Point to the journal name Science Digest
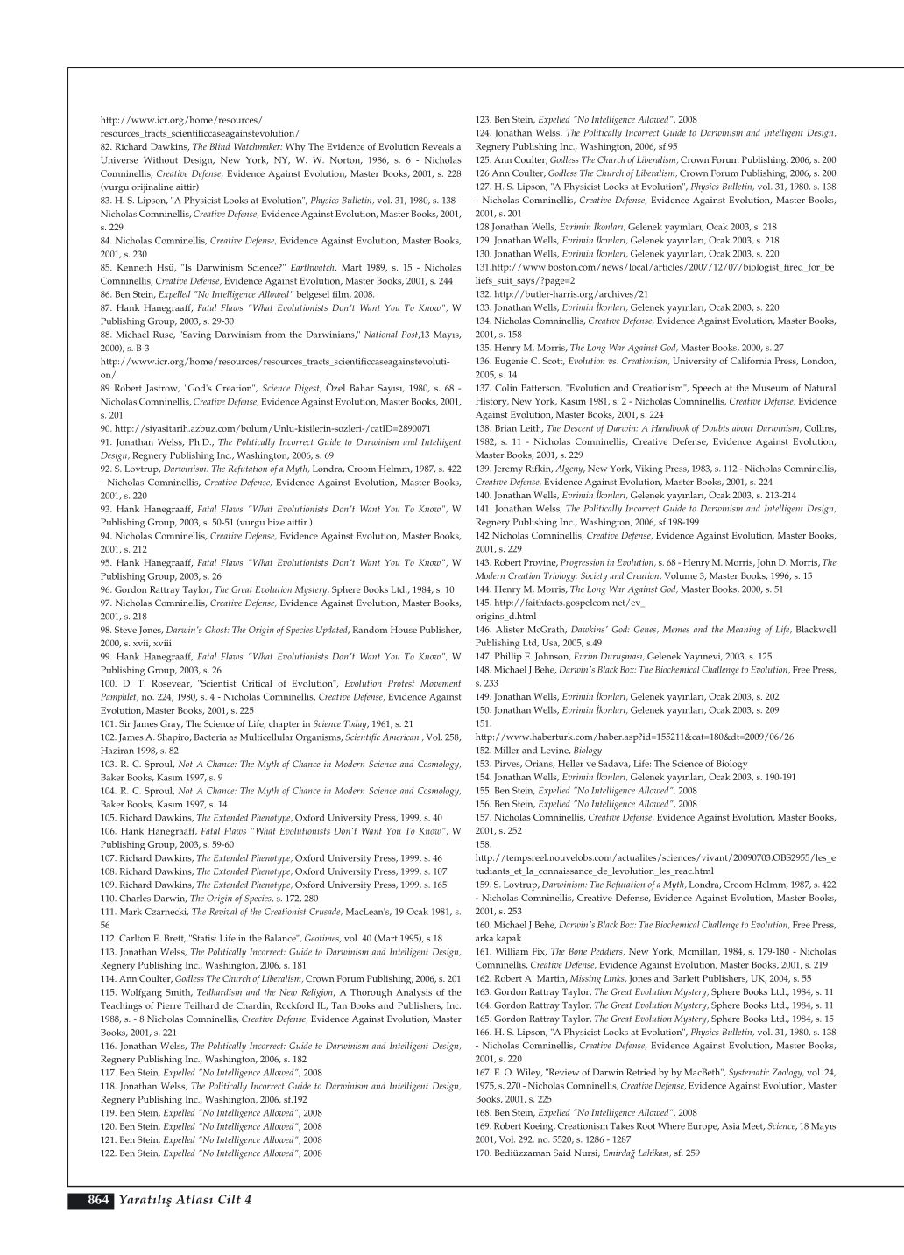click(x=292, y=388)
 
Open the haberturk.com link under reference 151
click(x=634, y=737)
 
